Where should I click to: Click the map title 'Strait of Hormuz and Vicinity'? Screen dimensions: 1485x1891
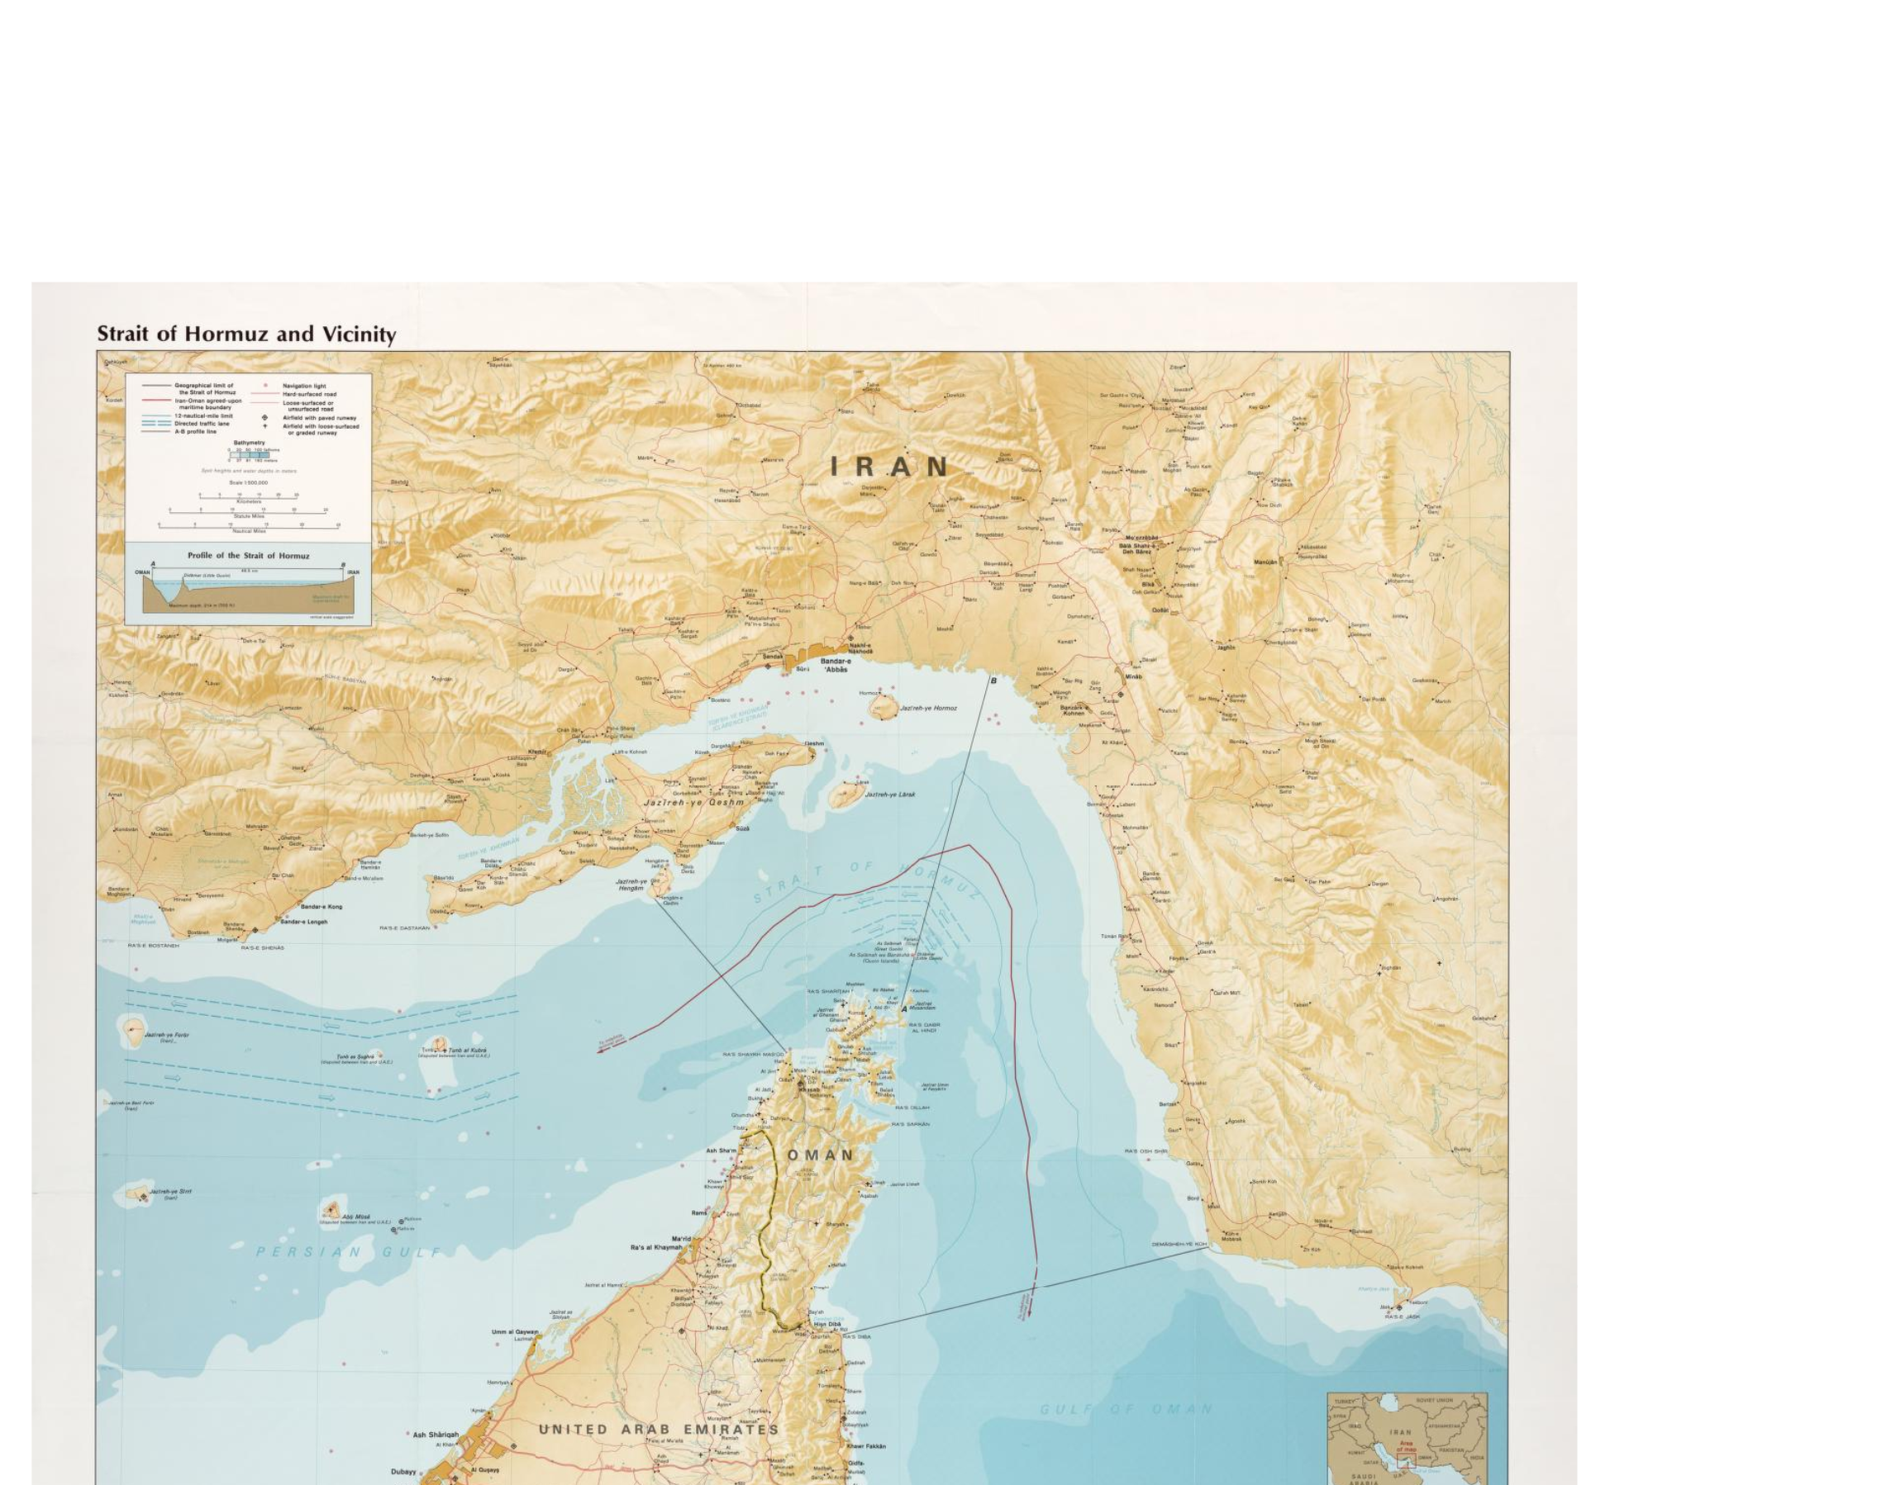pos(246,334)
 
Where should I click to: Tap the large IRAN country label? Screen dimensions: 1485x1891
pos(891,467)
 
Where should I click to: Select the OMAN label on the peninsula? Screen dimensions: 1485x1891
pos(822,1155)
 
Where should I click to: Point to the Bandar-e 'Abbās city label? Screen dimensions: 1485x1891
pos(836,665)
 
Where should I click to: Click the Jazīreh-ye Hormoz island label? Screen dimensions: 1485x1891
pos(928,709)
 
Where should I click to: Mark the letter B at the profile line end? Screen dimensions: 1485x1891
pos(994,681)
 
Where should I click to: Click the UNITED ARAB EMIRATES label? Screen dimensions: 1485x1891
pos(659,1430)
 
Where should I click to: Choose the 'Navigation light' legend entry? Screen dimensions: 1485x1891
pos(303,386)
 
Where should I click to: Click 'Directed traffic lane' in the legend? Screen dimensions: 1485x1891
pos(203,424)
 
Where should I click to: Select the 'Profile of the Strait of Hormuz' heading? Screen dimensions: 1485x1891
pos(248,555)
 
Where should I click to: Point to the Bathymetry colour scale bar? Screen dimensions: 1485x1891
pos(248,455)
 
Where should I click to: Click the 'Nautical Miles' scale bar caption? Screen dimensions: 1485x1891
pos(248,530)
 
